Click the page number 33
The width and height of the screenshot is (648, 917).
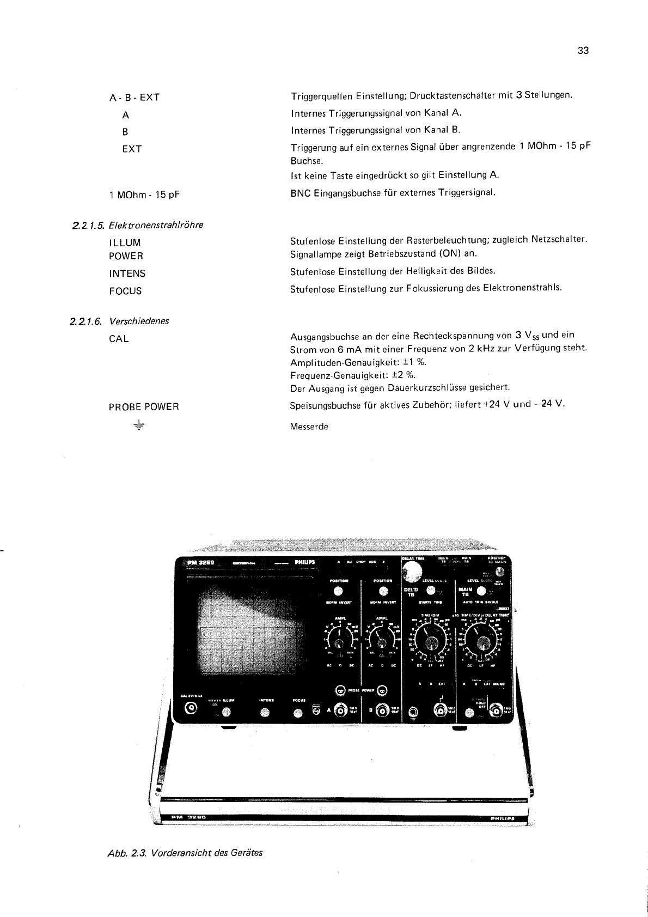pyautogui.click(x=583, y=51)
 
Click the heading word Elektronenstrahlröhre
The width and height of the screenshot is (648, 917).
pyautogui.click(x=156, y=225)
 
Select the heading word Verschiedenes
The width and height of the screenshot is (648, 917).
pyautogui.click(x=139, y=321)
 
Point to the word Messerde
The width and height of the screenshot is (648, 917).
pyautogui.click(x=309, y=427)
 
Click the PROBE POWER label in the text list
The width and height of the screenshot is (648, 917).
pyautogui.click(x=144, y=406)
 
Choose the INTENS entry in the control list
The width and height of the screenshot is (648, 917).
pyautogui.click(x=127, y=274)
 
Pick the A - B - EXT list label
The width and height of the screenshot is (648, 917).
pyautogui.click(x=134, y=98)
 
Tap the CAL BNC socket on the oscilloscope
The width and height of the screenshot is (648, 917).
pyautogui.click(x=191, y=708)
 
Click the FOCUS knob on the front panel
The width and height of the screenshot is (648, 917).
pyautogui.click(x=298, y=713)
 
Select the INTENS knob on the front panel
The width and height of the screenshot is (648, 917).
pyautogui.click(x=265, y=712)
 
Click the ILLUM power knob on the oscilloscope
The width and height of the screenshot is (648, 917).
pyautogui.click(x=227, y=712)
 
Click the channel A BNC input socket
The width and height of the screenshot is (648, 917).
pyautogui.click(x=341, y=710)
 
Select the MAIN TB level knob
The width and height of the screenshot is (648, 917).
pyautogui.click(x=481, y=592)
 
